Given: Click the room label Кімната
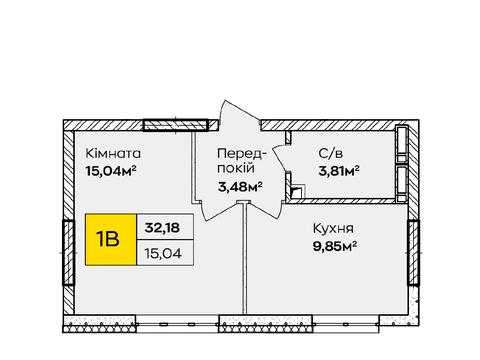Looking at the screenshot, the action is click(x=113, y=154).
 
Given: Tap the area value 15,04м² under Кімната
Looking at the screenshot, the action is click(x=111, y=171).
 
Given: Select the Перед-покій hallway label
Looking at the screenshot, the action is click(x=242, y=161).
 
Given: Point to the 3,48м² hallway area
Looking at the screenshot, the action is click(x=240, y=187).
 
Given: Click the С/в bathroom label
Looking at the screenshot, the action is click(x=330, y=153).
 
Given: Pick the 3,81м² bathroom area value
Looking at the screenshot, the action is click(x=339, y=171).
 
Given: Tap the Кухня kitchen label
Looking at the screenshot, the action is click(x=333, y=229).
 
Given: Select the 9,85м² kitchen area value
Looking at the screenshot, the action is click(x=335, y=246).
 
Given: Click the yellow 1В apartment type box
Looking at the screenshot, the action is click(x=111, y=240).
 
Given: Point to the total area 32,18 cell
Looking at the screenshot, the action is click(x=165, y=227).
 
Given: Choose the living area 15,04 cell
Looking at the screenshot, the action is click(x=165, y=253).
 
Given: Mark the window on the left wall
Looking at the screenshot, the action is click(x=68, y=253).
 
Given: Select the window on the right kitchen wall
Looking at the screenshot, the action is click(x=413, y=253).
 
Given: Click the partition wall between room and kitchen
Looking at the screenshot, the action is click(x=245, y=257).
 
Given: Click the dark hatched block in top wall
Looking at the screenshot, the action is click(x=176, y=125).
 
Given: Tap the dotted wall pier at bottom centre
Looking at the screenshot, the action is click(x=266, y=324).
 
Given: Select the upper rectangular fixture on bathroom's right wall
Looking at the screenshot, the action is click(x=402, y=143).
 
